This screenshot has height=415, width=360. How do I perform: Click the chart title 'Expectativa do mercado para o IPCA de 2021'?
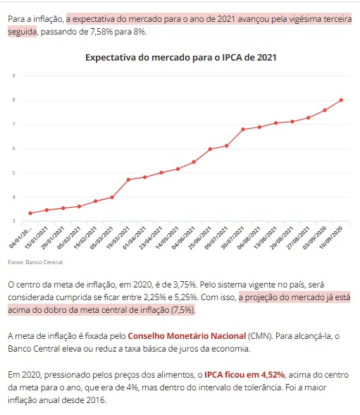(x=181, y=58)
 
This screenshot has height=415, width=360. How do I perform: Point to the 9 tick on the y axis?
(x=14, y=75)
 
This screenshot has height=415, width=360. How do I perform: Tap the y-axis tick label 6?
(x=14, y=149)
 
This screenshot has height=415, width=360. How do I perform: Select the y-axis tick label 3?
(x=14, y=221)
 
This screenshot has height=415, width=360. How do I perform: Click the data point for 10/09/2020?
(x=341, y=100)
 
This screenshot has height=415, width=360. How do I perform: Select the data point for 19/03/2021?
(x=128, y=180)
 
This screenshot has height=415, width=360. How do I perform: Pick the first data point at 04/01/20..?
(x=30, y=213)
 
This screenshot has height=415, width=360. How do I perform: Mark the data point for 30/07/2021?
(x=243, y=130)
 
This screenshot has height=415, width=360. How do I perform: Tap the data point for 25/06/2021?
(x=210, y=149)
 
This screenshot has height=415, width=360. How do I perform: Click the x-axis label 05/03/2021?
(x=102, y=237)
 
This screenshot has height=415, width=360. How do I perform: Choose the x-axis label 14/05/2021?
(x=167, y=237)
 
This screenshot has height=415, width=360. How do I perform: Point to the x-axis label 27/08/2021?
(x=298, y=237)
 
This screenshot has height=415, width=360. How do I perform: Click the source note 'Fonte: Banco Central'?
(x=35, y=262)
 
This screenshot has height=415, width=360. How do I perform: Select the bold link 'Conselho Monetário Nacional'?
(x=187, y=336)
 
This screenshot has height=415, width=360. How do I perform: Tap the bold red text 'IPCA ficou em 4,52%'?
(x=244, y=375)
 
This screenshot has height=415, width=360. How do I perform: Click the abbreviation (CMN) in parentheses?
(x=260, y=336)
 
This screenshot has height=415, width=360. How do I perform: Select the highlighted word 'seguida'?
(x=23, y=32)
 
